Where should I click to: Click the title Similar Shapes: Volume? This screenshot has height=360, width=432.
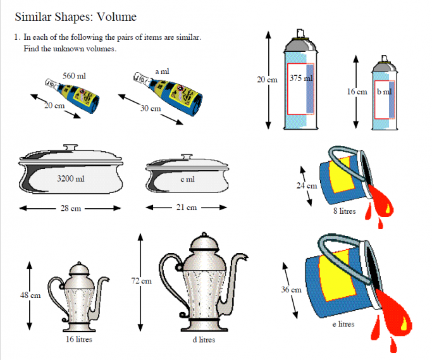point(75,16)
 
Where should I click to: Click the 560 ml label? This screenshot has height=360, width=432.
point(74,76)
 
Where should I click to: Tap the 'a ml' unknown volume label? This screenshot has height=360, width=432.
point(162,72)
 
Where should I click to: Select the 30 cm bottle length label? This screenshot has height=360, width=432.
point(151,109)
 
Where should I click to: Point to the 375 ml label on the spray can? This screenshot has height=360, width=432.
point(301,78)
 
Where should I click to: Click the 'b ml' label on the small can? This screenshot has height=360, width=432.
point(384,92)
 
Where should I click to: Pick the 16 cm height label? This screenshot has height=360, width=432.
point(357,92)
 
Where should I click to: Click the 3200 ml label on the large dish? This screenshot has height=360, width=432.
point(70,178)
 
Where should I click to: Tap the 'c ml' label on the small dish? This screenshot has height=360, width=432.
point(187,179)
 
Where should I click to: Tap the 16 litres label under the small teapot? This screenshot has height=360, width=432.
point(79,339)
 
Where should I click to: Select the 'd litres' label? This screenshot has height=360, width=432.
point(203,340)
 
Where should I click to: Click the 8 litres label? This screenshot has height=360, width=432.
point(344,211)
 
